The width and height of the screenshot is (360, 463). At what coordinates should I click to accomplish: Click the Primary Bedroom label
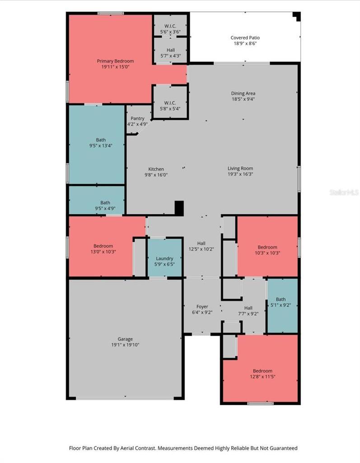tap(115, 61)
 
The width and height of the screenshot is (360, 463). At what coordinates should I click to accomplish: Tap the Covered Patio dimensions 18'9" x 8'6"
tap(245, 43)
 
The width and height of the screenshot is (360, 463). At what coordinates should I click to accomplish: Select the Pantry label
tap(137, 118)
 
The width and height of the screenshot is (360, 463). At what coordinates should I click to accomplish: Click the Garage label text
tap(125, 339)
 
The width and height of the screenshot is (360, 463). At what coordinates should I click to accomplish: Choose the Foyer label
tap(202, 306)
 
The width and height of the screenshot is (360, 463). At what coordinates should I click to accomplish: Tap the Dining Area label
tap(243, 93)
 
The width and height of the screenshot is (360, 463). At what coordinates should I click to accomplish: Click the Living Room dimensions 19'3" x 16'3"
tap(240, 174)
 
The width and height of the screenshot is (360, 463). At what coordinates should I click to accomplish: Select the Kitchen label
tap(156, 169)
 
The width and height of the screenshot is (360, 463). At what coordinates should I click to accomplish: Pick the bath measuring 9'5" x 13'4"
tap(97, 144)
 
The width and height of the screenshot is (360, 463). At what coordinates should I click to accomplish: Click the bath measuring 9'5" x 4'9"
tap(97, 200)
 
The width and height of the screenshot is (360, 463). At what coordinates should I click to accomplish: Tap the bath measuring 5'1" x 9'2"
tap(282, 306)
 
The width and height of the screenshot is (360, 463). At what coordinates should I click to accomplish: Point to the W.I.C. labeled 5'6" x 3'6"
tap(170, 26)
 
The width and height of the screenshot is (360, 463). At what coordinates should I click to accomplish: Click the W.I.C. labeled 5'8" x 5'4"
tap(170, 102)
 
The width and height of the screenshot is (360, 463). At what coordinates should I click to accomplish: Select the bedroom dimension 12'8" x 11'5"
tap(262, 376)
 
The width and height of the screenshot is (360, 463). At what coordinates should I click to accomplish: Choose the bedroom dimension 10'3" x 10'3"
tap(267, 253)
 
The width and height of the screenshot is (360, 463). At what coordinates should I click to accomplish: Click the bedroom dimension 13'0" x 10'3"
tap(103, 251)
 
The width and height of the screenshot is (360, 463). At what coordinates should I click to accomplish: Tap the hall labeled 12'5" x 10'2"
tap(201, 246)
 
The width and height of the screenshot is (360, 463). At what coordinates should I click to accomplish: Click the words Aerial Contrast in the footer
tap(137, 448)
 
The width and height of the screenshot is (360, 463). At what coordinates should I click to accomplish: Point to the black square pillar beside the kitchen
tap(179, 208)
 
